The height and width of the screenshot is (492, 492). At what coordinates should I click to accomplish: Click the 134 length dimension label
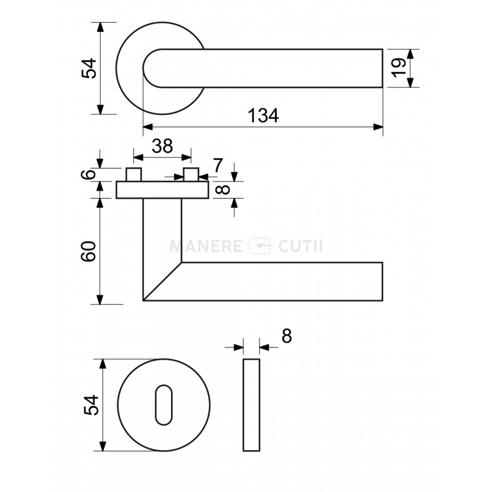[x=263, y=115]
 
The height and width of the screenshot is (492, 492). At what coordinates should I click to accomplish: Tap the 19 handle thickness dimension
[x=399, y=68]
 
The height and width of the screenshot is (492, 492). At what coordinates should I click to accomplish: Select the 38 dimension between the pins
[x=162, y=146]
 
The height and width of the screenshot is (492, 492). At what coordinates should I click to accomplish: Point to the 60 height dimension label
[x=88, y=251]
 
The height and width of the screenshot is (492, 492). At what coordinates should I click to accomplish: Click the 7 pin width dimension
[x=218, y=165]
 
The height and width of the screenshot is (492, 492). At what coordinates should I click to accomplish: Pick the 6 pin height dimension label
[x=88, y=174]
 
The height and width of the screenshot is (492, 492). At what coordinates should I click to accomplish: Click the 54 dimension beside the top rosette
[x=89, y=68]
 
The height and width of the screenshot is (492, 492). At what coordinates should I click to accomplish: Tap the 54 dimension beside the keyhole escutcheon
[x=91, y=405]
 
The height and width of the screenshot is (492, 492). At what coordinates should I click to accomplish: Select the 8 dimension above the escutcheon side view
[x=287, y=336]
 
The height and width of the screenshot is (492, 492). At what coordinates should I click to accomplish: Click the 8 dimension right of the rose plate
[x=223, y=189]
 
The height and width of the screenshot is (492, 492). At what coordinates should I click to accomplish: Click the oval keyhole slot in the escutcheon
[x=164, y=405]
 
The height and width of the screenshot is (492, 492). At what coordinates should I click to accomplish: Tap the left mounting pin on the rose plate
[x=134, y=175]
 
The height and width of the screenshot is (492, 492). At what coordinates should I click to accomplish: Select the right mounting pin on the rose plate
[x=191, y=175]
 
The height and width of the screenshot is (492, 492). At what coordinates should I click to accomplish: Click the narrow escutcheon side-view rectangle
[x=252, y=405]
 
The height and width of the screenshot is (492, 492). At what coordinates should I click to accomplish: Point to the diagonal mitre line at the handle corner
[x=162, y=282]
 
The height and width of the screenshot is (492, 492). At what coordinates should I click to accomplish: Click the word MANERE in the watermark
[x=206, y=247]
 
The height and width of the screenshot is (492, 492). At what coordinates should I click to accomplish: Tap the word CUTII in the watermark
[x=300, y=247]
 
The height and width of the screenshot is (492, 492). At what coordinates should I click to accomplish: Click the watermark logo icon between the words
[x=260, y=246]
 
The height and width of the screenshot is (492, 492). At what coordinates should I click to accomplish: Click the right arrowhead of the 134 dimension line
[x=378, y=127]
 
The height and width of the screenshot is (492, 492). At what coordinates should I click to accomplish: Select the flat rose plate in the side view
[x=162, y=190]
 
